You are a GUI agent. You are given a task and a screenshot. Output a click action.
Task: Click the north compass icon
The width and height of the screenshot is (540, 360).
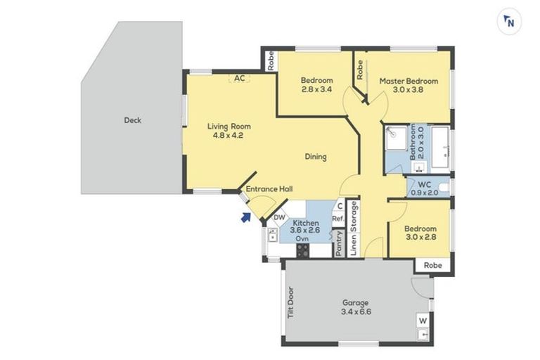[509, 22]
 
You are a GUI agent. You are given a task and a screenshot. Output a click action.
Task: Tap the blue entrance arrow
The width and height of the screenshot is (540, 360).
[245, 217]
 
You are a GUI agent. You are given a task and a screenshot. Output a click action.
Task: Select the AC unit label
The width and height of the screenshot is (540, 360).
[239, 78]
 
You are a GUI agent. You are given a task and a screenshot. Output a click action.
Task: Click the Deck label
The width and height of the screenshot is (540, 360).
[133, 120]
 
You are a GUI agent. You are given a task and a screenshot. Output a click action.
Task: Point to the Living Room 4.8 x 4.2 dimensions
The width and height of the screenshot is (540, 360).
[228, 136]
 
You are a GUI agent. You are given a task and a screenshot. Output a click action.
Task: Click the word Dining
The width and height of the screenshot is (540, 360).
[316, 157]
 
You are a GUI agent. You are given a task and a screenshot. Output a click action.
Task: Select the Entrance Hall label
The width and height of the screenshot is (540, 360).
[269, 188]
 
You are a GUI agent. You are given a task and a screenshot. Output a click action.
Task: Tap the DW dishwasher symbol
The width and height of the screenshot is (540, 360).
[280, 217]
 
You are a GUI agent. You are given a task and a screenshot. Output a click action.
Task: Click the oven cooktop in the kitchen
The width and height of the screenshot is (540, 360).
[303, 250]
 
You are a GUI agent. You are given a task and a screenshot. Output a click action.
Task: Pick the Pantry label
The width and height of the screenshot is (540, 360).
[339, 243]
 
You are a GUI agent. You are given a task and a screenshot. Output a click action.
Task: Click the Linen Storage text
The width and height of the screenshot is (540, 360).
[354, 229]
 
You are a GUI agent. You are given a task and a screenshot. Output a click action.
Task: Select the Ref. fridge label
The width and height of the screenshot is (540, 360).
[337, 219]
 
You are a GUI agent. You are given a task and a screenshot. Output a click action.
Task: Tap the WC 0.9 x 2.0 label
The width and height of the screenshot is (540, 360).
[424, 188]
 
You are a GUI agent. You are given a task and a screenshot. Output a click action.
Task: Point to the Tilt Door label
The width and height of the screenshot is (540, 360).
[291, 302]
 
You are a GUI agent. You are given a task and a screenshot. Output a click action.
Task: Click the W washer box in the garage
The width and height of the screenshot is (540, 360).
[423, 321]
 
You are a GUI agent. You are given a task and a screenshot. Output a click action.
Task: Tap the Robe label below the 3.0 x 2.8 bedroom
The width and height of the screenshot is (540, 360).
[433, 265]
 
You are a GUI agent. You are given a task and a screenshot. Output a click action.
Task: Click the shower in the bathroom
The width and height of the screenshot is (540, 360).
[396, 138]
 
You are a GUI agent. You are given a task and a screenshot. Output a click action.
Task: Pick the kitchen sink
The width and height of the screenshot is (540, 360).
[273, 235]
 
